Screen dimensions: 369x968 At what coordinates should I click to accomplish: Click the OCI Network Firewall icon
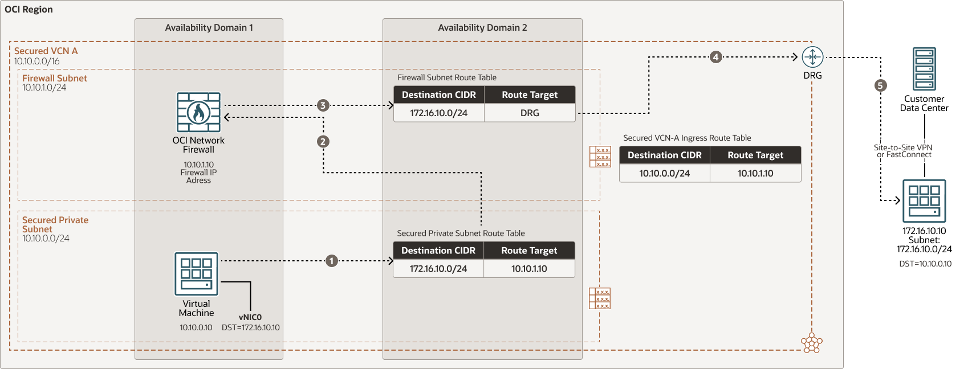click(198, 112)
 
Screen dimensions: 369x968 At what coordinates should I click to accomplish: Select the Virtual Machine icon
click(196, 274)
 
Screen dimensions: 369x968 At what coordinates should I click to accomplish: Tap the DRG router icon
click(812, 57)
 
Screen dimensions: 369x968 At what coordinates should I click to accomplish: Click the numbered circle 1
click(332, 261)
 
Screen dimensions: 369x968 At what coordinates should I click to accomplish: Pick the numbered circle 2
click(323, 141)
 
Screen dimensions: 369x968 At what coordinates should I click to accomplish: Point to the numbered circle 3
click(323, 105)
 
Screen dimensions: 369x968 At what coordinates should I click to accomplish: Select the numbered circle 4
click(716, 57)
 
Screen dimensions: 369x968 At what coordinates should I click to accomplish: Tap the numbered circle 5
click(881, 85)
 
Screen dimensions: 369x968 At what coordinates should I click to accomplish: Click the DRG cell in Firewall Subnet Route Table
click(530, 113)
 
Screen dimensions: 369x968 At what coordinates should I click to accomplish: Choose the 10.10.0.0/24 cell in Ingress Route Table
click(664, 173)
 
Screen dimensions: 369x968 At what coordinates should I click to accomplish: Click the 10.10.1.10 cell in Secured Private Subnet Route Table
click(529, 268)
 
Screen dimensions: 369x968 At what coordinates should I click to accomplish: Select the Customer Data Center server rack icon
click(924, 69)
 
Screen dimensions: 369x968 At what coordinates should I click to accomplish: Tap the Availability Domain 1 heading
click(209, 27)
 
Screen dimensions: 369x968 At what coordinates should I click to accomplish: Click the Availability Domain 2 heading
click(482, 27)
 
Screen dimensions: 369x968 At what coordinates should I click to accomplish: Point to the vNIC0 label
click(250, 317)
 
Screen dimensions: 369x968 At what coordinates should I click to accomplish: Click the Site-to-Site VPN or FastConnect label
click(904, 151)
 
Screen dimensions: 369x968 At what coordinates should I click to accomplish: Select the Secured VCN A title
click(46, 51)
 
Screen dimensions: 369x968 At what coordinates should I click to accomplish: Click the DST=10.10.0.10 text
click(925, 264)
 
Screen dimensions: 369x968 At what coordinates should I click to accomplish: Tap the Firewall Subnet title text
click(55, 78)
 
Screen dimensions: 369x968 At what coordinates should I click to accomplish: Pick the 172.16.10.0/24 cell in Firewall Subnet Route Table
click(438, 113)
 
